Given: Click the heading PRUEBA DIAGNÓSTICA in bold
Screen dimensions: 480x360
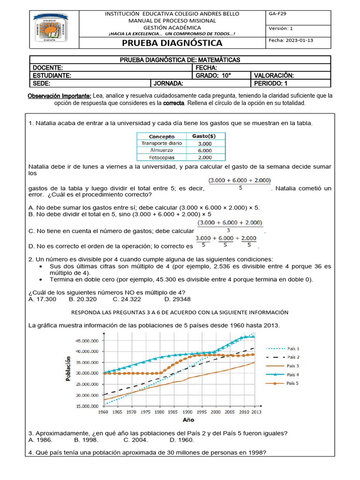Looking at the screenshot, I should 172,44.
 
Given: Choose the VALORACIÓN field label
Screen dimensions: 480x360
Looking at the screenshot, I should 273,75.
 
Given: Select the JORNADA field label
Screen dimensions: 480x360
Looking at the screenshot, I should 168,83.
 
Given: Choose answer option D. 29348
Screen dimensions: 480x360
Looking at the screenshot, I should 177,299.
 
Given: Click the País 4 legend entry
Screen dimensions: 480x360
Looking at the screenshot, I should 293,375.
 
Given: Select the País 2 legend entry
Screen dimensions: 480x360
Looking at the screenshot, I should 293,357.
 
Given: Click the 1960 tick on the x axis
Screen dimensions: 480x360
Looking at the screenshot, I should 103,412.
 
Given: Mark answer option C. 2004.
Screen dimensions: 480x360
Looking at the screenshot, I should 136,440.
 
